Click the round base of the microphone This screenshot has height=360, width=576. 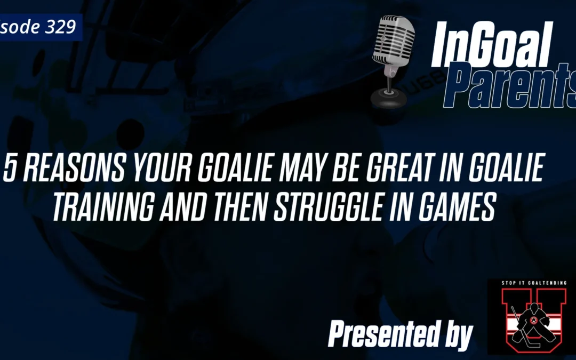coord(388,97)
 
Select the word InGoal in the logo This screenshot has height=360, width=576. coord(490,45)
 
